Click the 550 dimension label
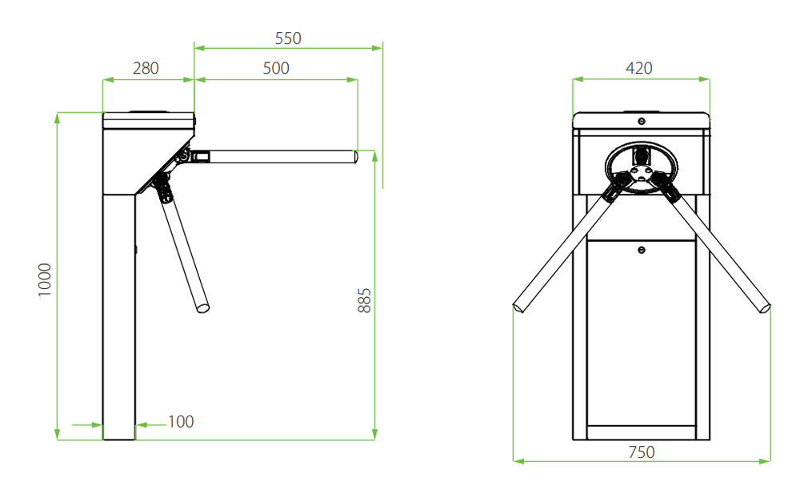[288, 38]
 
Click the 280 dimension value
[146, 68]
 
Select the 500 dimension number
[276, 68]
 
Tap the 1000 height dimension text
[45, 279]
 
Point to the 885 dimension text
[364, 300]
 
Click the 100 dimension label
[181, 421]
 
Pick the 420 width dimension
[638, 68]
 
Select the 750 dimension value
[642, 452]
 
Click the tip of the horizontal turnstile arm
[356, 156]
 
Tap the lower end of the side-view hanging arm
[203, 308]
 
